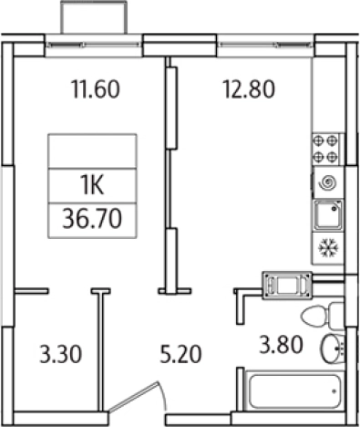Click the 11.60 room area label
pos(97,89)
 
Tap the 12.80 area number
pos(250,89)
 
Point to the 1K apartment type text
pos(92,187)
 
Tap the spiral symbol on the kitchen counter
pos(326,182)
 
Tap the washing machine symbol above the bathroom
pos(287,284)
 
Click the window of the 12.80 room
pos(264,40)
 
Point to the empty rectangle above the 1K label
pos(92,151)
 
